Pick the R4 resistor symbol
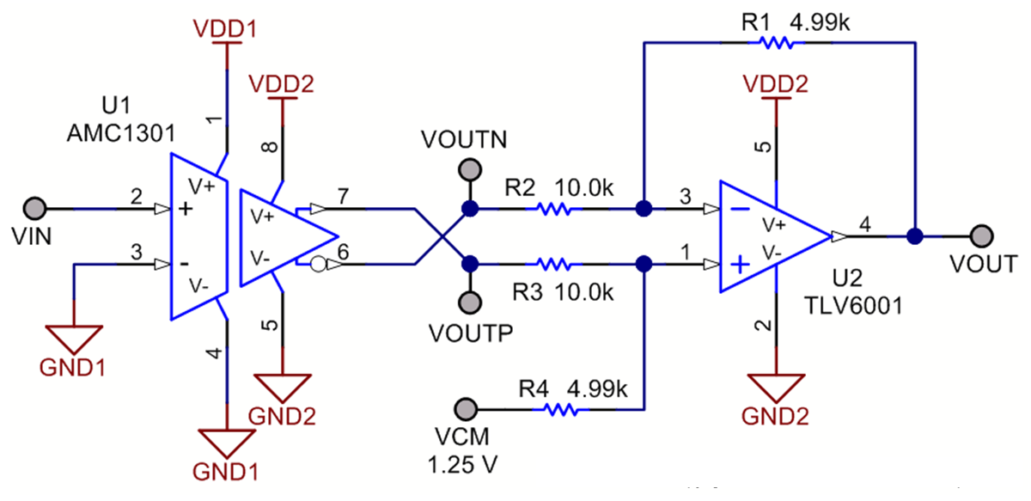click(562, 411)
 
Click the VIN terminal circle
click(34, 209)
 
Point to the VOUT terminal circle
click(982, 235)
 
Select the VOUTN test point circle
click(468, 168)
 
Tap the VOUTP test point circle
click(468, 302)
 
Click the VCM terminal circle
click(465, 406)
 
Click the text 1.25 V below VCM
click(464, 464)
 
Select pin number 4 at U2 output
click(866, 225)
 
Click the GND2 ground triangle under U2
click(776, 387)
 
